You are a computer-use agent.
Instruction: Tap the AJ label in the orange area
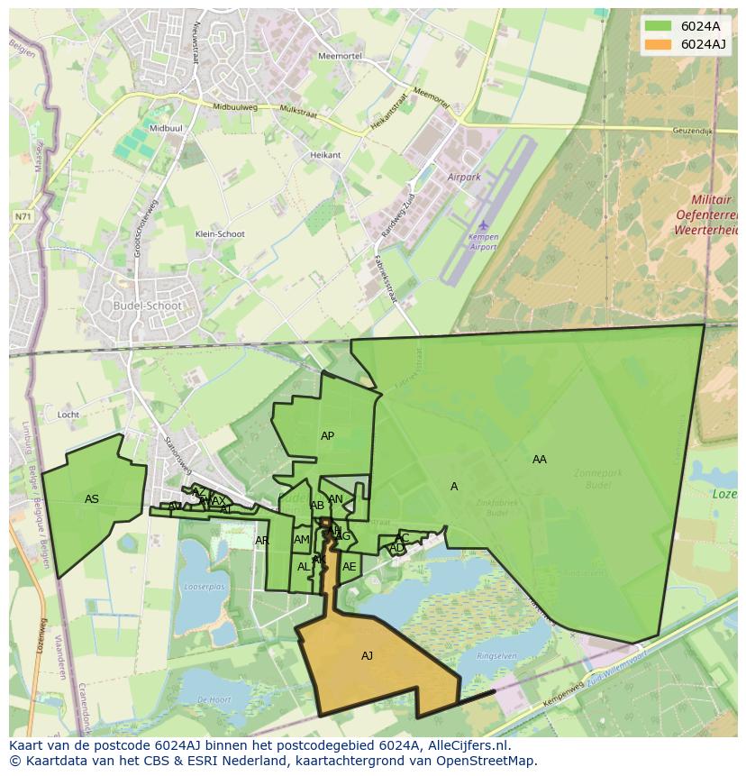tap(367, 656)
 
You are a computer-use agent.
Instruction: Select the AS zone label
tap(92, 499)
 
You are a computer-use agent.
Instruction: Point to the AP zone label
tap(327, 436)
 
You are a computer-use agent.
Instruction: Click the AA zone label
tap(539, 460)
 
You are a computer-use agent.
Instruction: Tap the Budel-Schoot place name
tap(148, 306)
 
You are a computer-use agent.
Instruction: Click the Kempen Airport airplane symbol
tap(483, 224)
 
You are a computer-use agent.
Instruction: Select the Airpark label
tap(464, 178)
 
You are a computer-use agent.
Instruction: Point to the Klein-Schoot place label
tap(220, 234)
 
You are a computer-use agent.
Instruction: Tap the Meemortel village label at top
tap(340, 56)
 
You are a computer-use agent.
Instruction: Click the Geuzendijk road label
tap(692, 132)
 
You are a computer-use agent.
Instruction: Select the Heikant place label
tap(325, 155)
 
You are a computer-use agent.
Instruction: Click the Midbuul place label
tap(166, 129)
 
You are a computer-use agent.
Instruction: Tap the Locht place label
tap(68, 415)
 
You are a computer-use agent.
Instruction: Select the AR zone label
tap(261, 541)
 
